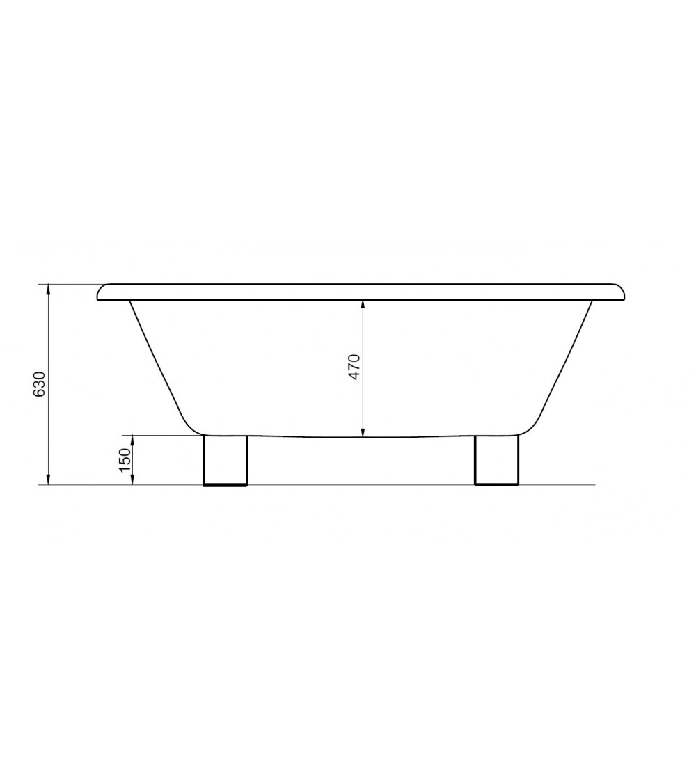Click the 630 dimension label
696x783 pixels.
tap(39, 384)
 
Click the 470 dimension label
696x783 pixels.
tap(354, 367)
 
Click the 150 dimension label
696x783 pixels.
tap(125, 459)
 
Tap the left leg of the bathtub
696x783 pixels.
tap(226, 459)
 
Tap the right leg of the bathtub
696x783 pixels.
tap(497, 459)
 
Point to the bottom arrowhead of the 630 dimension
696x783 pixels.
tap(48, 480)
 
